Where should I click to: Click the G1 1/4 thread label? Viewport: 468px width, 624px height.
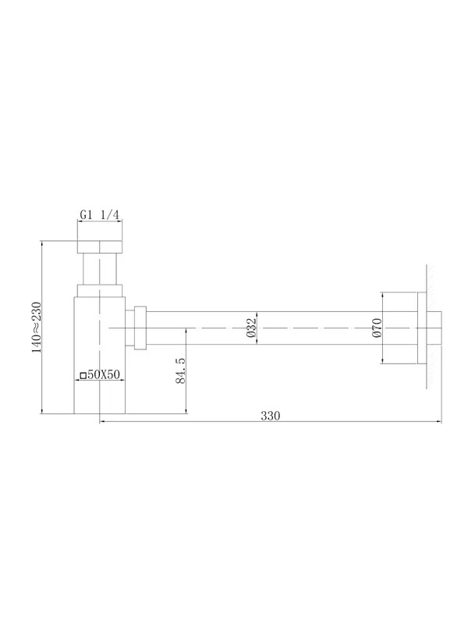(100, 215)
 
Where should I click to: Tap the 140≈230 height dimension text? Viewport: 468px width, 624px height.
(36, 328)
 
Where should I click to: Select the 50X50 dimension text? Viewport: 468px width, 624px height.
(104, 374)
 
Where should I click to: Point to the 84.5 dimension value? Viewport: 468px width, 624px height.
(180, 370)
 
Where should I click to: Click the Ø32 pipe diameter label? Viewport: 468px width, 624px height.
(251, 328)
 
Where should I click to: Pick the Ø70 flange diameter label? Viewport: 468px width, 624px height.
(377, 328)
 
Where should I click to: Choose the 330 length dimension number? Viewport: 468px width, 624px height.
(271, 416)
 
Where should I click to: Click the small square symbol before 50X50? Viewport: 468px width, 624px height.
(83, 375)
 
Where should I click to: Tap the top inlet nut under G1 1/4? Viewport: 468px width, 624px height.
(100, 246)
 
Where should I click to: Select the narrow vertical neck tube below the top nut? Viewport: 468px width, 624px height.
(100, 269)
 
